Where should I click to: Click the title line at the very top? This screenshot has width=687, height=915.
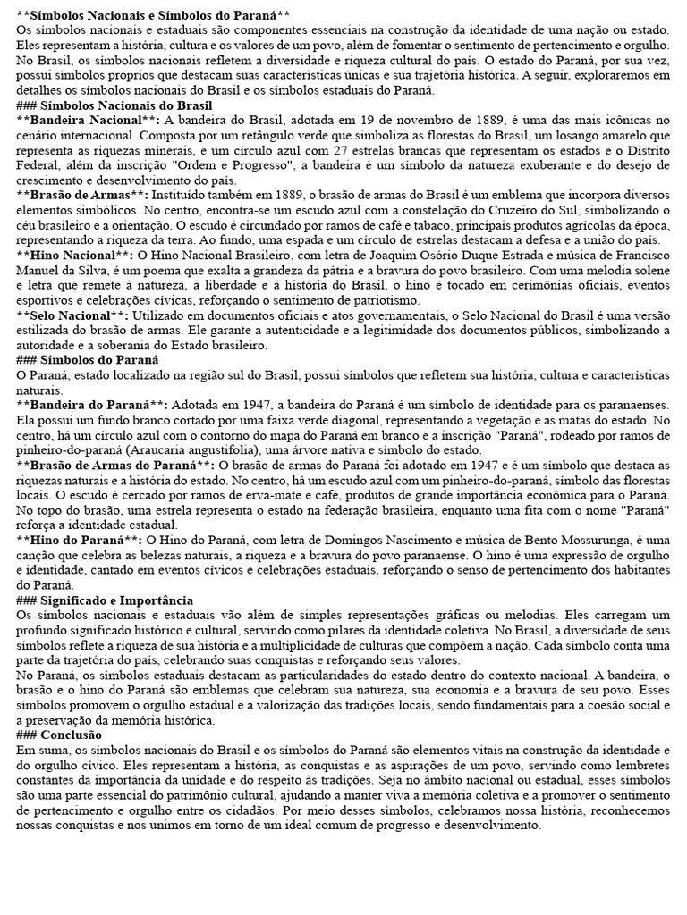pos(153,16)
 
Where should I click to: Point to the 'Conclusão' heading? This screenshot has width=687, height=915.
pos(72,735)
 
